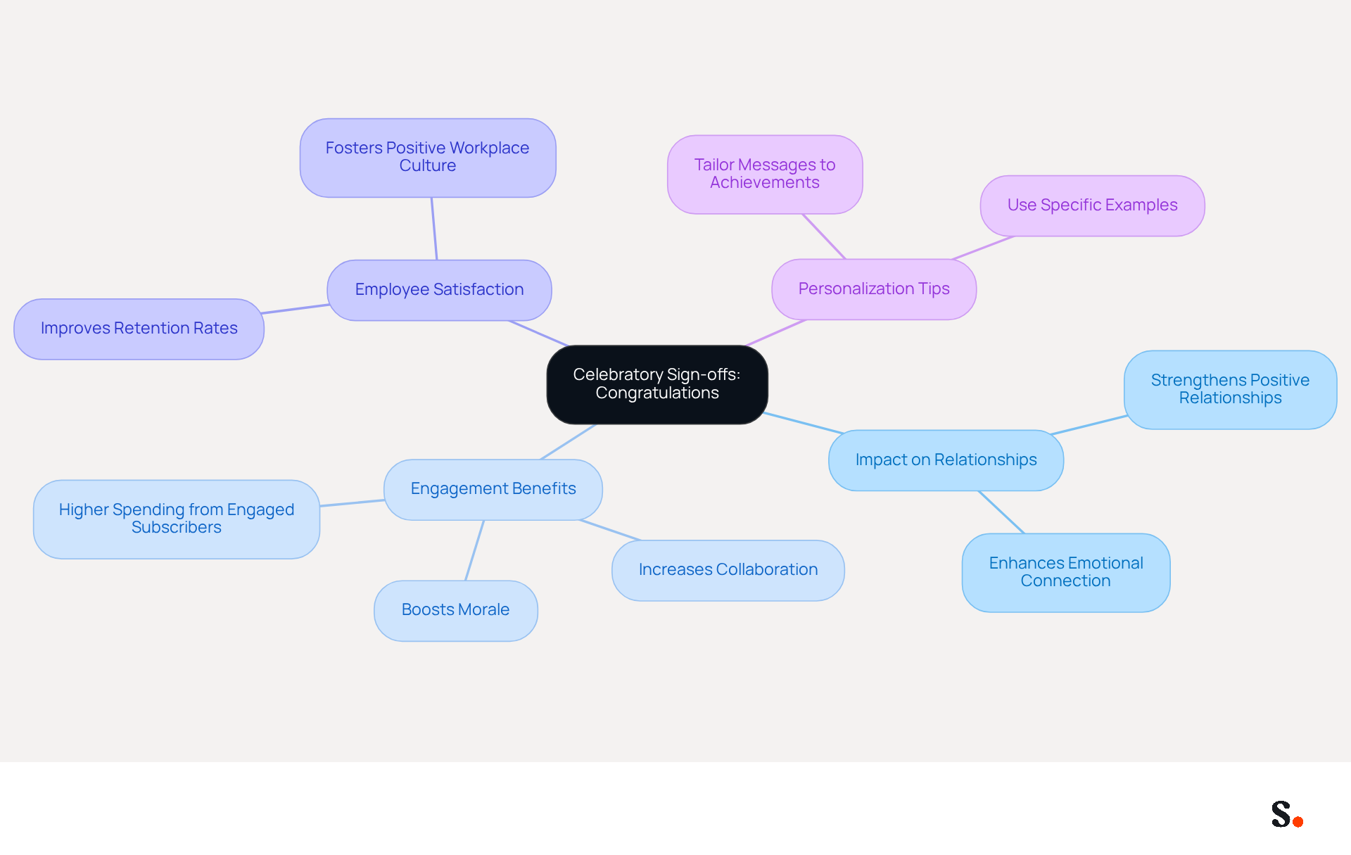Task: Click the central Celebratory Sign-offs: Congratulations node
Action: click(657, 384)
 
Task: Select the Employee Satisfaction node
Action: click(439, 290)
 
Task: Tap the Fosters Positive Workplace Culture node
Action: click(428, 158)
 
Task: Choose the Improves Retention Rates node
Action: click(139, 329)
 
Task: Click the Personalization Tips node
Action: click(874, 289)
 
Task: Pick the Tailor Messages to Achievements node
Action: click(765, 175)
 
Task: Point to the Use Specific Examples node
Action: click(1092, 205)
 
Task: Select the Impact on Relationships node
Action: click(946, 460)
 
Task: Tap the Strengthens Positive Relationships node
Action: click(1230, 390)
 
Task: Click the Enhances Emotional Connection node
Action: click(1066, 573)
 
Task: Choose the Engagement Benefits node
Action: click(493, 490)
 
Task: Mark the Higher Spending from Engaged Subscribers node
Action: click(177, 519)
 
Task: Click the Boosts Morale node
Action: click(456, 611)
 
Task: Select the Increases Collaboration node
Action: click(728, 571)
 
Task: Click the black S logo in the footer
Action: click(1281, 813)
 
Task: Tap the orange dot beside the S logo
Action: click(1298, 821)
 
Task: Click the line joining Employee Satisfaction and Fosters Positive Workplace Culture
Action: click(434, 229)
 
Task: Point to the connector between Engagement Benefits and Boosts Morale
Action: click(475, 550)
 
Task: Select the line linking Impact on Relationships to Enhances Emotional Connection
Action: click(1001, 512)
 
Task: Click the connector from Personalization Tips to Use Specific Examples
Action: click(983, 248)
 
